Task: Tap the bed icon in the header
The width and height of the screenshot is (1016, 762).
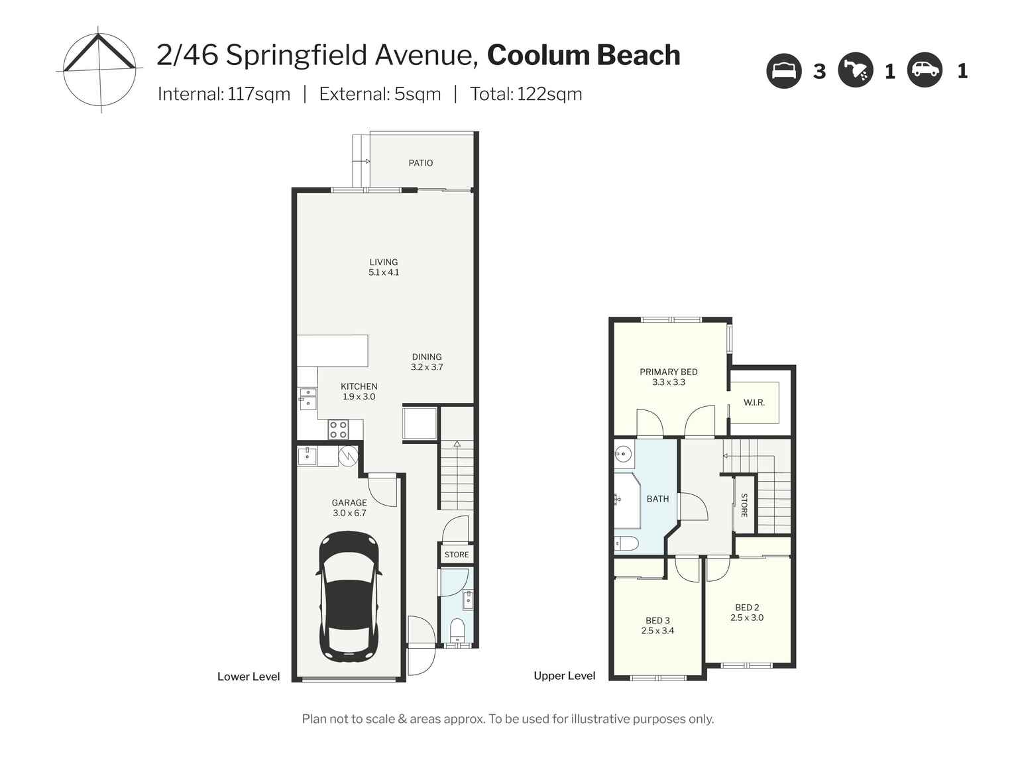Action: [784, 70]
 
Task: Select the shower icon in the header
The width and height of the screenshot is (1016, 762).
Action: [856, 70]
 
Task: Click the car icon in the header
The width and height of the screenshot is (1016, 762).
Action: [925, 70]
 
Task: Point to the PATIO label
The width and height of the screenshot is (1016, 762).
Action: [420, 163]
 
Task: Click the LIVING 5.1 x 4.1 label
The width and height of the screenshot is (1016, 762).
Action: [384, 267]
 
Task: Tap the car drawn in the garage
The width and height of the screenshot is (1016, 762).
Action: [349, 596]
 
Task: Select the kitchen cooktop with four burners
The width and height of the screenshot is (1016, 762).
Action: [338, 430]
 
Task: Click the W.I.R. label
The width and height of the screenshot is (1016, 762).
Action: [754, 402]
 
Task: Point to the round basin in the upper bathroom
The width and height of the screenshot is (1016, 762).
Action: [623, 455]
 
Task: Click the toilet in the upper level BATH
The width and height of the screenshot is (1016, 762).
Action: [625, 543]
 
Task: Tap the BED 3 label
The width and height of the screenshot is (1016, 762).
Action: [657, 621]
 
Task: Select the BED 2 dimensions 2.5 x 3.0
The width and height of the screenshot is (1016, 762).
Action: [747, 618]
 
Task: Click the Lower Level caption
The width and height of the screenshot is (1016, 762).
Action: [249, 677]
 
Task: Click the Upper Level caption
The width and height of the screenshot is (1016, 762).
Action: [564, 676]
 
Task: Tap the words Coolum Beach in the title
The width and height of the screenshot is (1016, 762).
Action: [583, 55]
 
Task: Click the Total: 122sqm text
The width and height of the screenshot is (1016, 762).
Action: [526, 94]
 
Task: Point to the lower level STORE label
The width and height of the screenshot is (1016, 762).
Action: [456, 555]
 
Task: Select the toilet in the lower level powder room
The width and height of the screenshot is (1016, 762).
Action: [457, 627]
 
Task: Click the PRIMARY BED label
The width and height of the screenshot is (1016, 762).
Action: [668, 372]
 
